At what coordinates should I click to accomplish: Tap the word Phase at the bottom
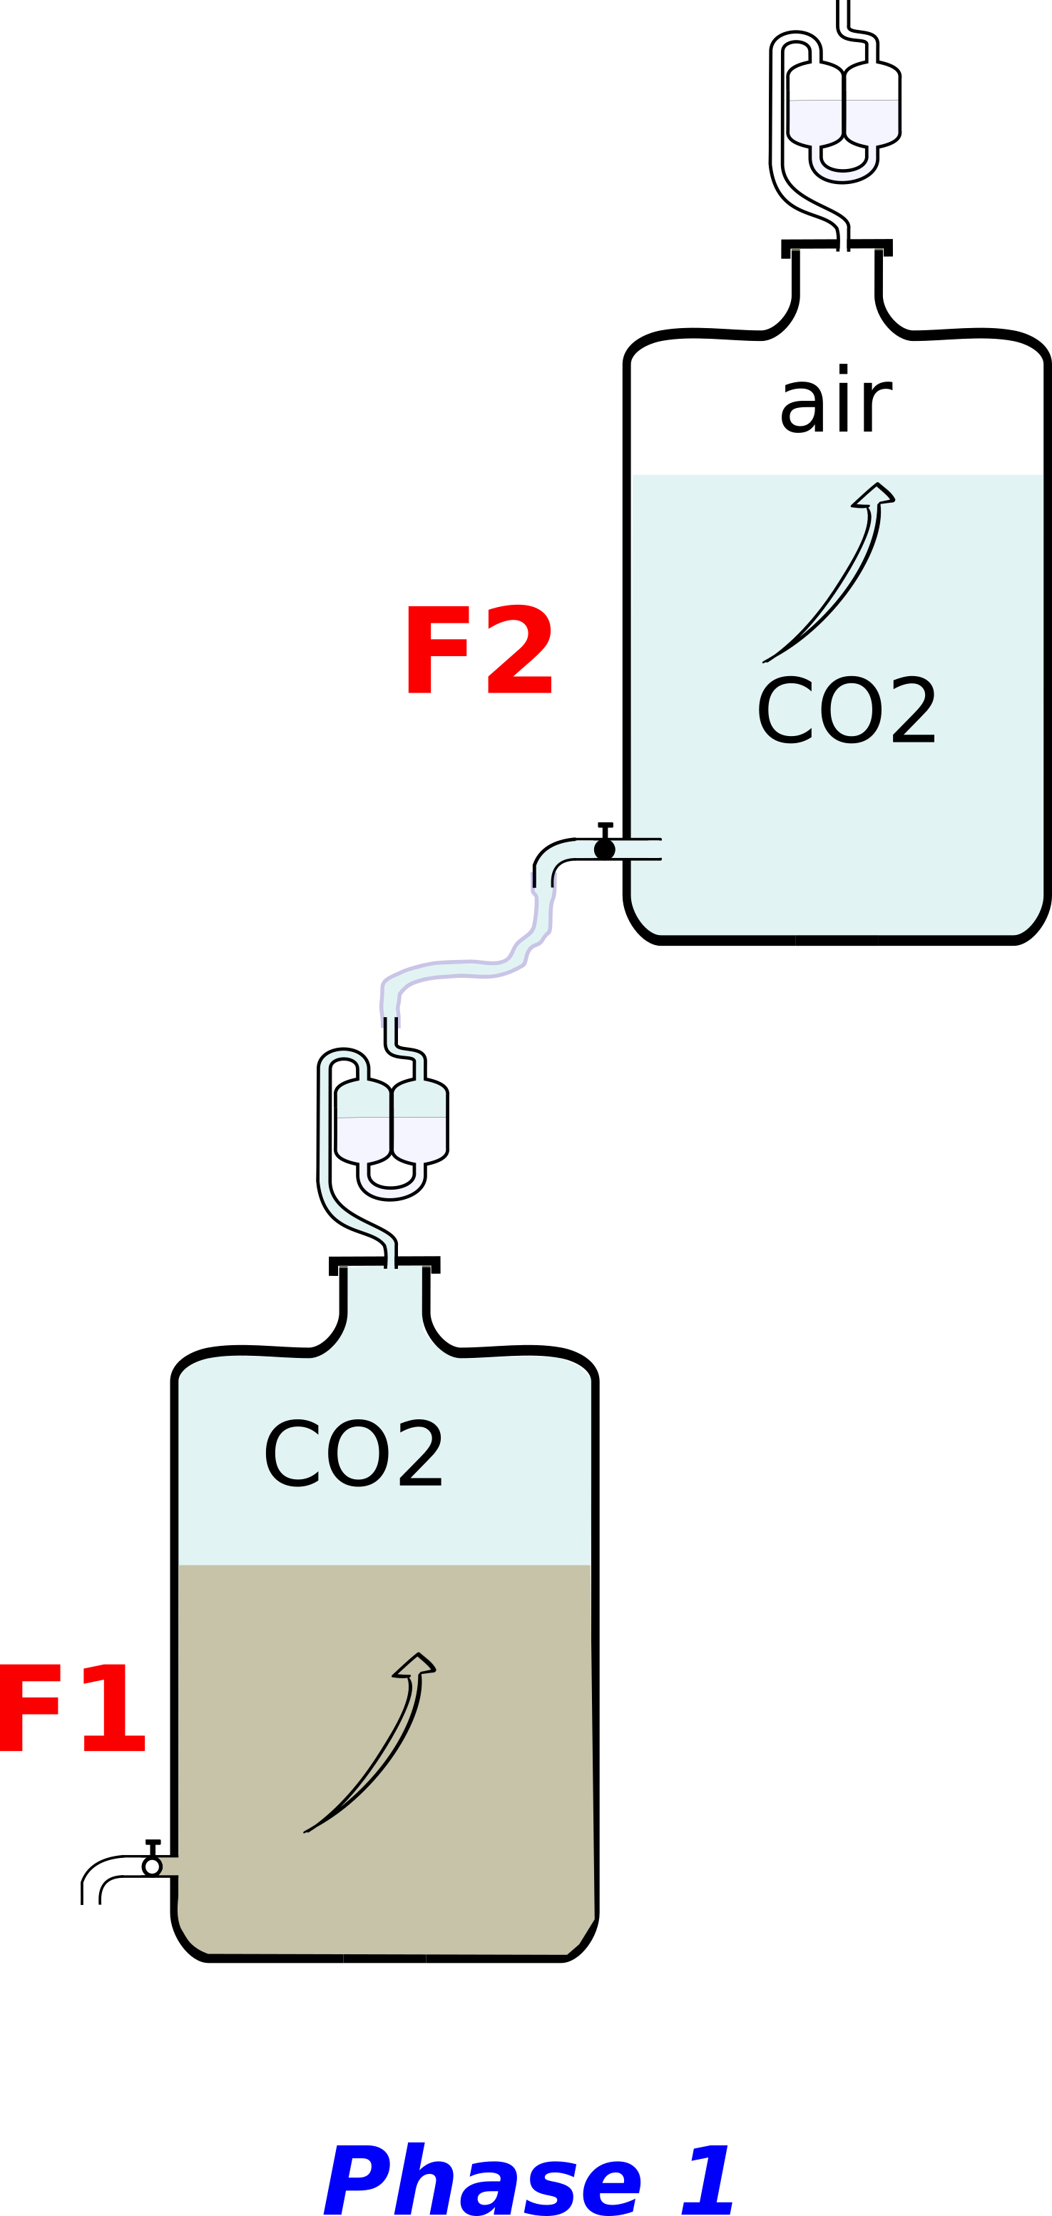click(x=481, y=2181)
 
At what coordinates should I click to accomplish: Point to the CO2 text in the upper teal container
click(x=847, y=711)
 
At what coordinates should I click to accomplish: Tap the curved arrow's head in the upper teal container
click(x=875, y=495)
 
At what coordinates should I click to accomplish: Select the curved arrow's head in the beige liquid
click(x=416, y=1665)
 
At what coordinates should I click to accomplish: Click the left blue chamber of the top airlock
click(x=815, y=121)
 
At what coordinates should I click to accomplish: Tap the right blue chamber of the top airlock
click(x=872, y=121)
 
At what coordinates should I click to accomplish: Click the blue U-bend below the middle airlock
click(x=392, y=1185)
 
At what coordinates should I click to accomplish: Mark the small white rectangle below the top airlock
click(x=843, y=245)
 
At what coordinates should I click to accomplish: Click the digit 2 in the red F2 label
click(x=519, y=650)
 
